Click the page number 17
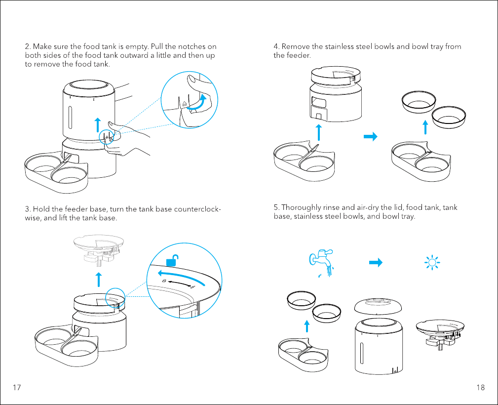[x=17, y=387]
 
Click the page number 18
[x=481, y=387]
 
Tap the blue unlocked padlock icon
[x=172, y=260]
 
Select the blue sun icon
[x=432, y=263]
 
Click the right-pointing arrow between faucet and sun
[x=376, y=263]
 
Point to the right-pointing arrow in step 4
[x=371, y=137]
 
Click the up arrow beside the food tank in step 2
[x=98, y=125]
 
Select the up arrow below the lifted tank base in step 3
[x=99, y=280]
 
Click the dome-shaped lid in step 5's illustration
[x=378, y=306]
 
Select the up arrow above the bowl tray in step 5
[x=307, y=326]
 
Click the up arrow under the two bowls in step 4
[x=425, y=127]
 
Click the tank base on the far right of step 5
[x=440, y=334]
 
